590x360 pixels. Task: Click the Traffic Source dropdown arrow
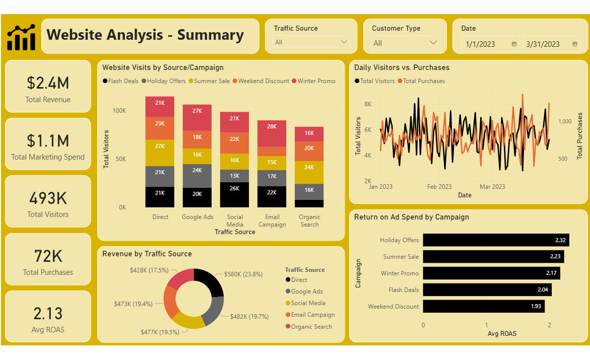pos(344,42)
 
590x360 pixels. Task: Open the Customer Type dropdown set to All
pos(405,43)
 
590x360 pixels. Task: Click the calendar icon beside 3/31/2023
pos(574,44)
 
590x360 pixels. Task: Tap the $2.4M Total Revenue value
pos(48,83)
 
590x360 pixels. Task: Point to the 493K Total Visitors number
pos(48,198)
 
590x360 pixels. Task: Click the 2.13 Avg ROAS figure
pos(48,313)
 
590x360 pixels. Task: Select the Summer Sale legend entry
pos(209,81)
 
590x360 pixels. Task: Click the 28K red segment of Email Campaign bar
pos(272,133)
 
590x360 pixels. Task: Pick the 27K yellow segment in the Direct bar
pos(160,153)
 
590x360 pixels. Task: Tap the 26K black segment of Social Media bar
pos(234,195)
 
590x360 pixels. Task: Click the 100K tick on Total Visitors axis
pos(119,111)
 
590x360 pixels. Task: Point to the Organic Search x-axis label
pos(309,221)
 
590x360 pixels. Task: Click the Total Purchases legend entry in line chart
pos(421,81)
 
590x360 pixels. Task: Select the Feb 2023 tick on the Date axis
pos(439,187)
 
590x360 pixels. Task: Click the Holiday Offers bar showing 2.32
pos(496,240)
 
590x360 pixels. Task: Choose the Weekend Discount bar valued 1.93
pos(484,306)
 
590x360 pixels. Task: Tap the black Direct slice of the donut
pos(210,281)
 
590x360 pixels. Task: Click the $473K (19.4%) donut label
pos(133,304)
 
